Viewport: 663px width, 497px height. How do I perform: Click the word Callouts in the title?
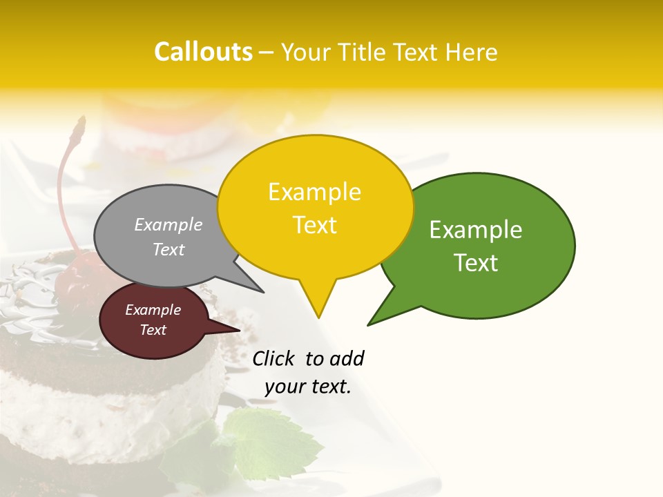[203, 52]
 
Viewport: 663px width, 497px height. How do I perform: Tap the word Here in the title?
[472, 52]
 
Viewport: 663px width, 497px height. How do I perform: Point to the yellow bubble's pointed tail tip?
[318, 317]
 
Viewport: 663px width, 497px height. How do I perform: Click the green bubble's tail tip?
[369, 324]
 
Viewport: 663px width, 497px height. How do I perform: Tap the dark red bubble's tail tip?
[239, 330]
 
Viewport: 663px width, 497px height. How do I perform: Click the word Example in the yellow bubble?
[315, 192]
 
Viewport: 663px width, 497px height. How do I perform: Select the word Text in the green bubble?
[476, 263]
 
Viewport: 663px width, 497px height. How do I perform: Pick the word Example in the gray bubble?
[169, 224]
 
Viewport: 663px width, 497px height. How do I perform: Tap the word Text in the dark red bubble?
[153, 330]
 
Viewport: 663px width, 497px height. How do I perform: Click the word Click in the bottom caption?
[273, 358]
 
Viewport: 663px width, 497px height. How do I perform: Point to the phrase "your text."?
[308, 387]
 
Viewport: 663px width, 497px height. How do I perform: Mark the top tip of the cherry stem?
[81, 119]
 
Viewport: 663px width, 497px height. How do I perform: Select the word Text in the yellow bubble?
[315, 225]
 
